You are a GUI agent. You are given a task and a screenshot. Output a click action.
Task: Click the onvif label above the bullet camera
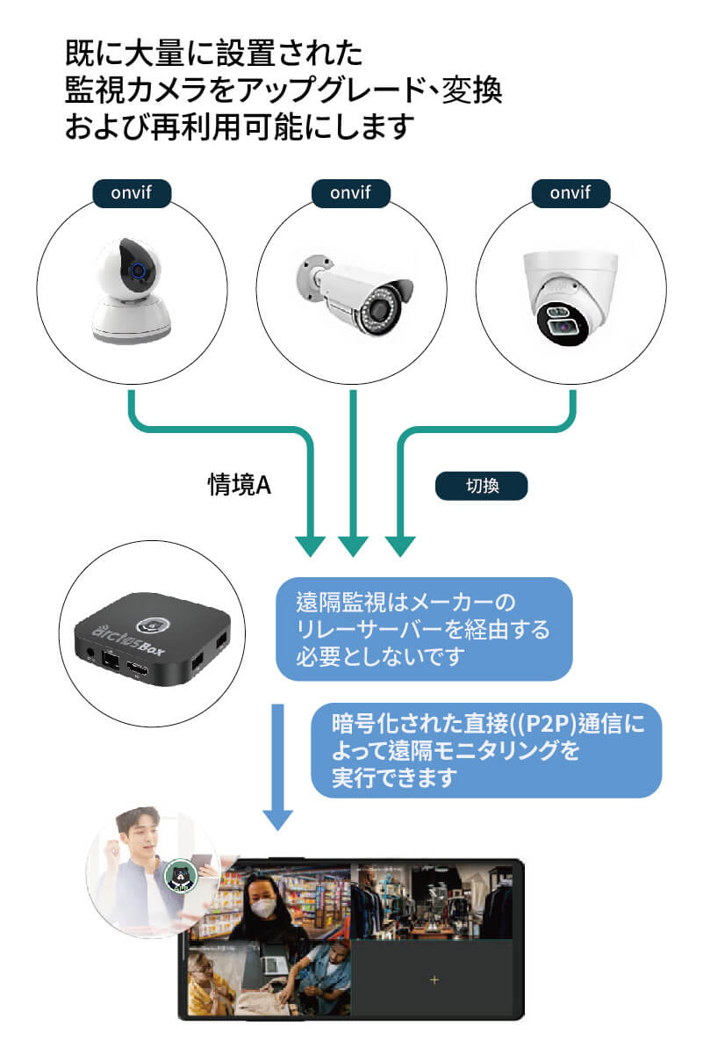coord(351,192)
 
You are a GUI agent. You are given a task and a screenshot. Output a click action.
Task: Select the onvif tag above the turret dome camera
coord(572,192)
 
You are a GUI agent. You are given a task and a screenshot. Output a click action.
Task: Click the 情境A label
coord(238,484)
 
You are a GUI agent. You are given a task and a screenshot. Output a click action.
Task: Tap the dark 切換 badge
coord(481,485)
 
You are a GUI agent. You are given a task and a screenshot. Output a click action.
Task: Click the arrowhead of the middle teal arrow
coord(352,545)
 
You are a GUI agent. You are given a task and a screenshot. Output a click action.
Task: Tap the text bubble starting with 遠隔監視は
coord(424,629)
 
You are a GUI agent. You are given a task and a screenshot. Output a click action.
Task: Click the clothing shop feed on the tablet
coord(432,900)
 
